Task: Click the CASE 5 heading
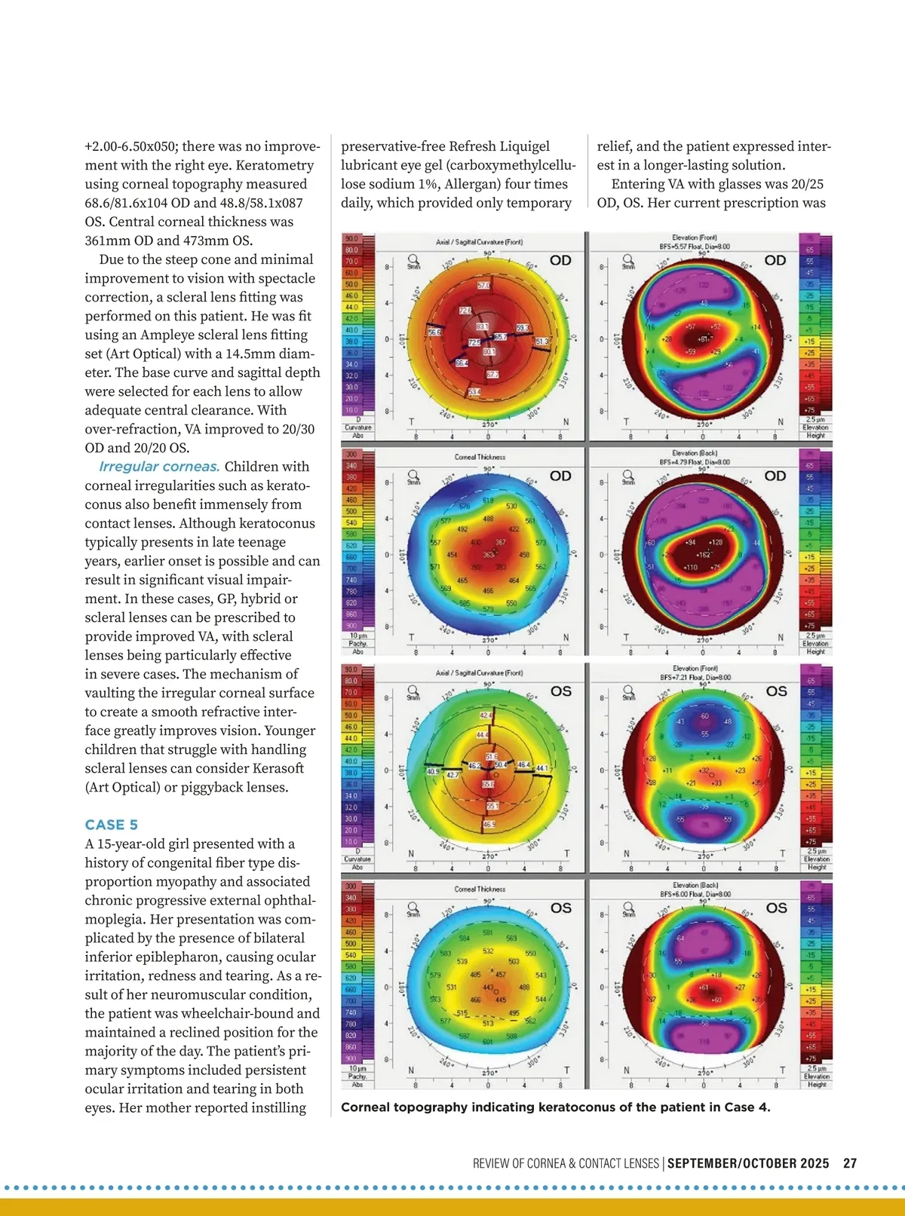111,825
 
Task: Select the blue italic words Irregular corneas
159,467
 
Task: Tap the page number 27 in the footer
850,1163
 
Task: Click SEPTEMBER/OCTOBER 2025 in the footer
748,1163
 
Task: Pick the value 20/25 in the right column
808,184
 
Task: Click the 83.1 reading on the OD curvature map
482,326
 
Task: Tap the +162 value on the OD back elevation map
703,554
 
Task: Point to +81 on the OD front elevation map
703,339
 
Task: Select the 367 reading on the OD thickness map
500,543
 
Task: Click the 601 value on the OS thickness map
488,1042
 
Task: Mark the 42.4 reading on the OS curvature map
486,715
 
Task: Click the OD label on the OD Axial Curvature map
560,261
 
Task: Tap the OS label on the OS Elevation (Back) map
776,908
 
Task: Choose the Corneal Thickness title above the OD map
480,457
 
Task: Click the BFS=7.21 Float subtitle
695,677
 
